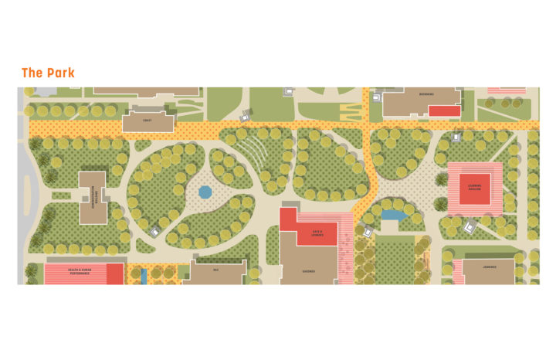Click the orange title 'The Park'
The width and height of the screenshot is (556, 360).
(48, 73)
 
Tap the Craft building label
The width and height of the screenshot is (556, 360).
(147, 121)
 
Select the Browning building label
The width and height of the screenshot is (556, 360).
(427, 94)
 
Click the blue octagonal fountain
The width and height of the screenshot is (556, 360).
(205, 191)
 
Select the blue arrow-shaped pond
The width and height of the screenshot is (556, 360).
(394, 216)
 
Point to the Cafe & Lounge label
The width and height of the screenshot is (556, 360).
(317, 233)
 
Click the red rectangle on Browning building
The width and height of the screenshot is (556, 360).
(444, 110)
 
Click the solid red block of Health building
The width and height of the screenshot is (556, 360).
(114, 273)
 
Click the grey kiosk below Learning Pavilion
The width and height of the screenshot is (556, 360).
(469, 227)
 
